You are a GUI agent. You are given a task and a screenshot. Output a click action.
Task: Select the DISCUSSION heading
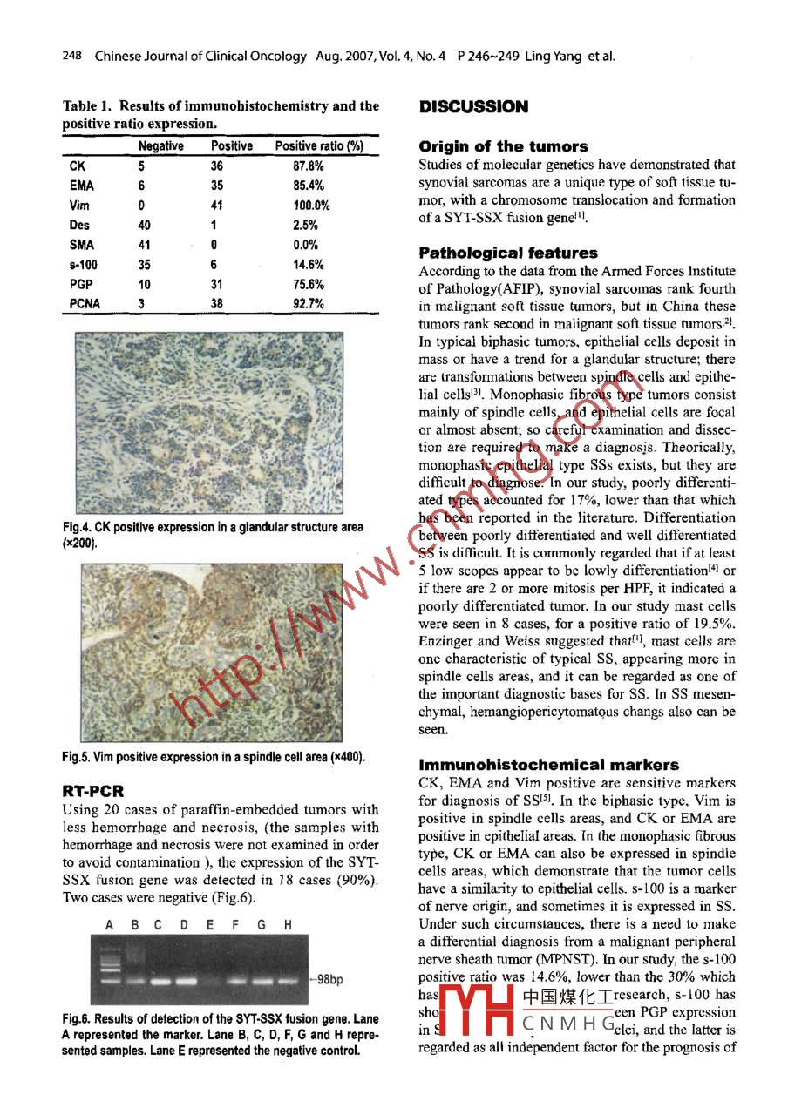tap(473, 107)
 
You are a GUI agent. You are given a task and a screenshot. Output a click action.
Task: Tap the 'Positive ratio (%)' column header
tap(319, 146)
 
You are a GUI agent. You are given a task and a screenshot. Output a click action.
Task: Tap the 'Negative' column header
tap(160, 146)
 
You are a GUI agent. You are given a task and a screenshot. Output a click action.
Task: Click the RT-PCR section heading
tap(93, 792)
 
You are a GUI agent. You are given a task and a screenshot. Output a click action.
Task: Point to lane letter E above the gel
tap(209, 924)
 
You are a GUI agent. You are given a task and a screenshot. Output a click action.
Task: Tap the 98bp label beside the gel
tap(328, 979)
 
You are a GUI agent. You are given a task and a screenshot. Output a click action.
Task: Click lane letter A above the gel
tap(110, 924)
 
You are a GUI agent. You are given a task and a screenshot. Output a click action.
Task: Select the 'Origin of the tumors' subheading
tap(503, 146)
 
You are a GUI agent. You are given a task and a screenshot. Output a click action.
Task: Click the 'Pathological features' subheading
tap(508, 253)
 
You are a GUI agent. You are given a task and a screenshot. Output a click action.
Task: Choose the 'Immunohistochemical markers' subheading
tap(548, 765)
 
